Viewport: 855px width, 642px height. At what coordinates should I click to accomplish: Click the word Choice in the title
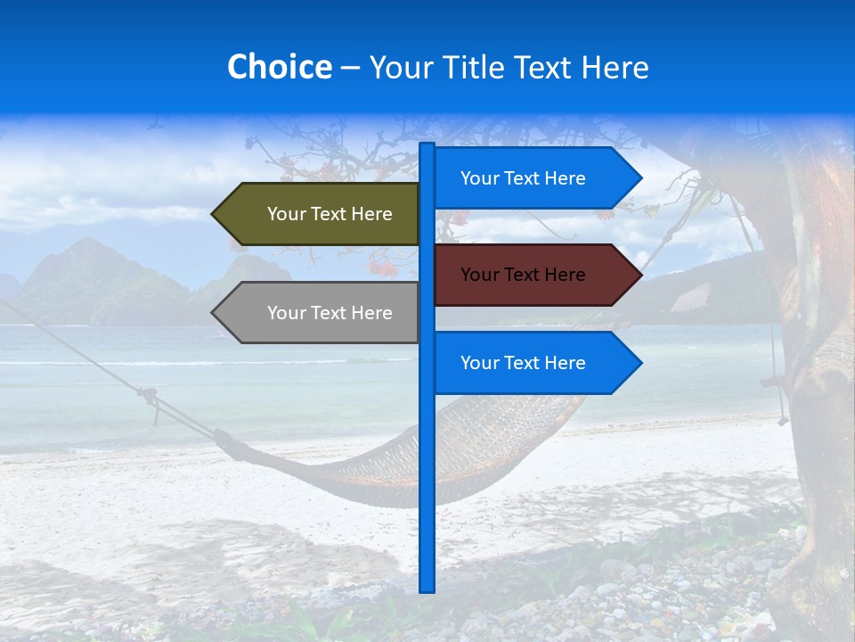[x=279, y=68]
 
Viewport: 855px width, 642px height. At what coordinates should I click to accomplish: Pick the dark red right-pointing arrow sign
[x=530, y=275]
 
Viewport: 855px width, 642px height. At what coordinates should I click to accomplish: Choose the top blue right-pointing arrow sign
[x=530, y=178]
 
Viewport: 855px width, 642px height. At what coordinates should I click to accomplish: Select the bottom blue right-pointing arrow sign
[x=530, y=363]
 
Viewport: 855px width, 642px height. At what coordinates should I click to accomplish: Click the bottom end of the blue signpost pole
[x=427, y=588]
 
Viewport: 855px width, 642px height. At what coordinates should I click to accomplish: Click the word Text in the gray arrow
[x=330, y=313]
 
